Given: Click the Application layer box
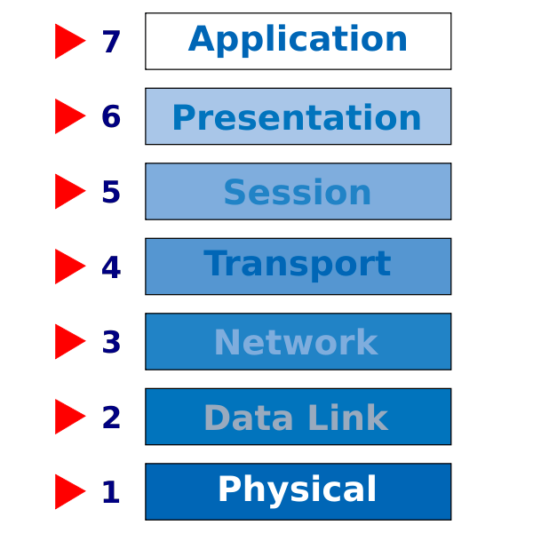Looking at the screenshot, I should click(x=298, y=41).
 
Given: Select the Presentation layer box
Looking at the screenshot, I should click(x=298, y=116).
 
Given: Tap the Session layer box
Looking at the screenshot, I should click(x=298, y=191).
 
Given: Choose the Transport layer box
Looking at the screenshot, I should click(x=298, y=266).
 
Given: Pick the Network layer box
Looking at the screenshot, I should click(x=298, y=341).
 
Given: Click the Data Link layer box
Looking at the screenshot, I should click(x=298, y=417).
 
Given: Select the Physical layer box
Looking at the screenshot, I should click(x=298, y=491).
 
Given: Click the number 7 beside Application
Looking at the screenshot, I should click(x=111, y=42).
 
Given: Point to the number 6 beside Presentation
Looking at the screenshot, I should click(x=111, y=116).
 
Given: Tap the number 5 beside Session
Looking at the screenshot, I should click(x=111, y=192).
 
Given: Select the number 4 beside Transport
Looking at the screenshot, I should click(x=111, y=266).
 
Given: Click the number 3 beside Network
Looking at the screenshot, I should click(x=111, y=342).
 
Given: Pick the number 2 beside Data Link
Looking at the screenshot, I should click(x=111, y=417).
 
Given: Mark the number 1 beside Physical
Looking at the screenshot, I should click(x=111, y=492).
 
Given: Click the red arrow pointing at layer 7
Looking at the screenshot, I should click(x=68, y=41).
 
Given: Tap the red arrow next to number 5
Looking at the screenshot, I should click(x=68, y=191).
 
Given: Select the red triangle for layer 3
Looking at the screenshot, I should click(x=68, y=341).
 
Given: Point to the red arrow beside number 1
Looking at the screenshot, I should click(x=68, y=491).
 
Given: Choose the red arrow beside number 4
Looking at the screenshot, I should click(x=68, y=266).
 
